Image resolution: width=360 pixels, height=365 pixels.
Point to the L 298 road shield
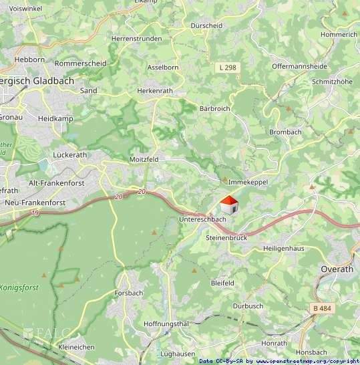227,67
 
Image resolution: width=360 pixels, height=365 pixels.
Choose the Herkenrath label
154,90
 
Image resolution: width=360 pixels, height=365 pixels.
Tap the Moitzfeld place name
144,160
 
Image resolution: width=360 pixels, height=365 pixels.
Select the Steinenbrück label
226,237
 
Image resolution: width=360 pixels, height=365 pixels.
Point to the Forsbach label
129,293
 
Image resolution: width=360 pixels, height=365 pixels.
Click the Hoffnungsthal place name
166,324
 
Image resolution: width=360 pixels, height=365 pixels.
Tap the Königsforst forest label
19,287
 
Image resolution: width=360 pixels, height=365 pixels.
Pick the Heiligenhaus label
285,248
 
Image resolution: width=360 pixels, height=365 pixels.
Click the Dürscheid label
206,25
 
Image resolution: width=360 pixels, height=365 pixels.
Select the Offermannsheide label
299,66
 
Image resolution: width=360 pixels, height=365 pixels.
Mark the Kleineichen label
77,347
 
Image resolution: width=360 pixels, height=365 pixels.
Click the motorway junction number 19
34,213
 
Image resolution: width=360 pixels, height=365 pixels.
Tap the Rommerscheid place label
81,64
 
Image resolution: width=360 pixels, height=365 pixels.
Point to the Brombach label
285,132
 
